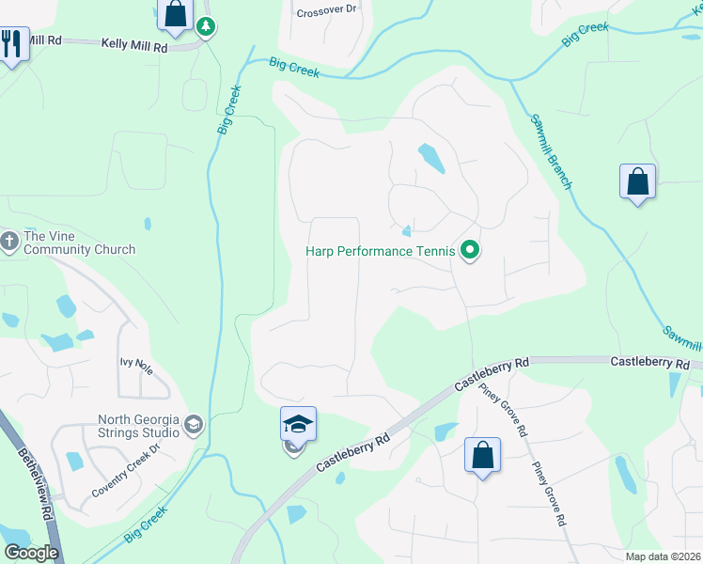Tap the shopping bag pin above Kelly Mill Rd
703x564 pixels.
click(x=175, y=14)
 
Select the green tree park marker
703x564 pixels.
click(x=206, y=26)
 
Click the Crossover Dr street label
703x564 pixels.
click(x=326, y=11)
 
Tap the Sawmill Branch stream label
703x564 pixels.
click(x=551, y=151)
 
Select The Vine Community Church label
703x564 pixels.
click(x=79, y=243)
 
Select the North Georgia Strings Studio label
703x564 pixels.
click(x=139, y=426)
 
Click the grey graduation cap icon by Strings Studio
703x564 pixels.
click(x=194, y=426)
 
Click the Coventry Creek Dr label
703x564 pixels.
click(x=127, y=478)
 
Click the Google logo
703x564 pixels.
click(x=31, y=552)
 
